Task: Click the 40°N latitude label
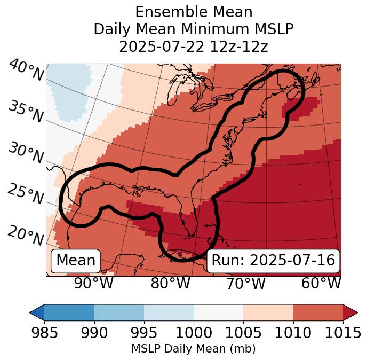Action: [26, 71]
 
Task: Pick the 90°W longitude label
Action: [94, 283]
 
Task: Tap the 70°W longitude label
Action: [245, 283]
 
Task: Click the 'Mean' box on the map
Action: [76, 261]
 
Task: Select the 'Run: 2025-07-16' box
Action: [273, 261]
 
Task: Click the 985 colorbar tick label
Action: [44, 333]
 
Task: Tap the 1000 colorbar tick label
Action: [194, 333]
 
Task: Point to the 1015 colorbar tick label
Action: [342, 333]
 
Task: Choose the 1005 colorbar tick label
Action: [243, 333]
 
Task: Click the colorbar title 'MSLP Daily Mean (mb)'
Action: [193, 349]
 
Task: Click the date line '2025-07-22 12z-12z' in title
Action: [193, 46]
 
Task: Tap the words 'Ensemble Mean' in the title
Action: [193, 12]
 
